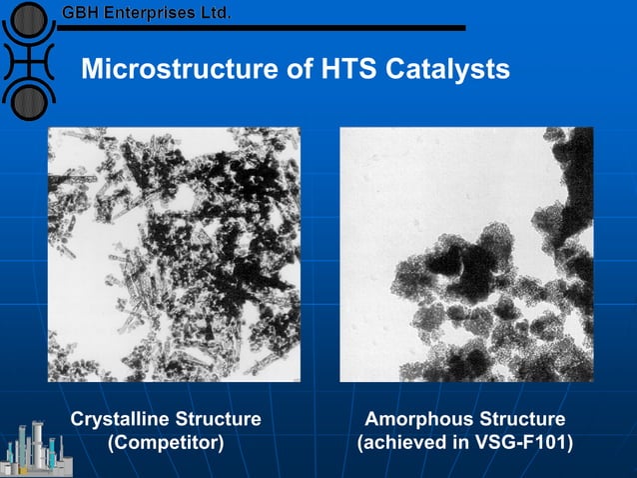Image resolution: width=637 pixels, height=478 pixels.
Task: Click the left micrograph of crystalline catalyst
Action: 174,254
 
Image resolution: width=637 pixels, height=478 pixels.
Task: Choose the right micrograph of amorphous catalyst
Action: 466,254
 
